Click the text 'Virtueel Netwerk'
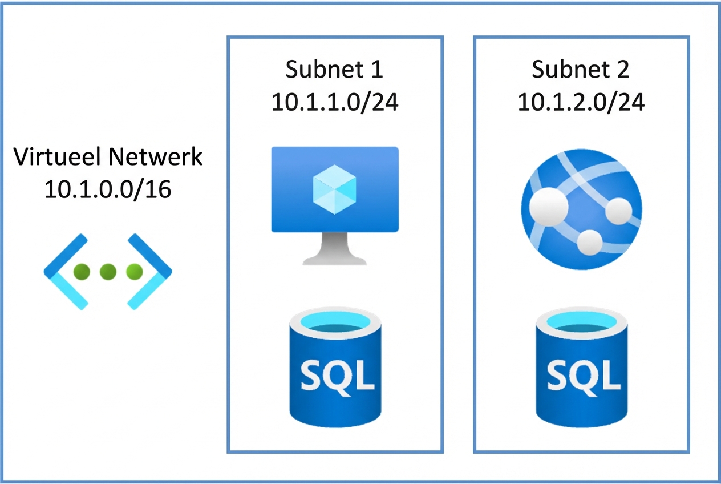click(x=108, y=156)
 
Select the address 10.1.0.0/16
click(x=108, y=189)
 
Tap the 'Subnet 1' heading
click(x=334, y=70)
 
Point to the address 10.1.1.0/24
click(x=334, y=103)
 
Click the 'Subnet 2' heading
click(x=581, y=70)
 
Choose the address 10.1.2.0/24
click(x=581, y=103)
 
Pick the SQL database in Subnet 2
click(x=581, y=377)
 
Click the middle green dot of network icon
click(x=108, y=272)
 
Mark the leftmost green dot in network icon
click(x=82, y=272)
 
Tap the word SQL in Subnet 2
click(x=581, y=376)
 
